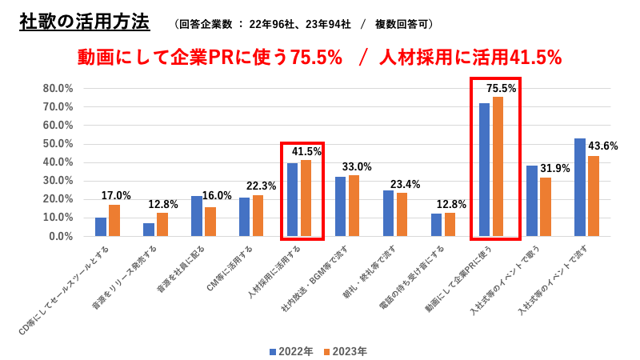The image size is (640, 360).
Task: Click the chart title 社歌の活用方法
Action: pos(84,22)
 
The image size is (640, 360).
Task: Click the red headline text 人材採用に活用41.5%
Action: pos(470,58)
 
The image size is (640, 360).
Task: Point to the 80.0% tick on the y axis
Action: pos(58,88)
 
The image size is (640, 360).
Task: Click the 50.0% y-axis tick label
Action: pos(58,143)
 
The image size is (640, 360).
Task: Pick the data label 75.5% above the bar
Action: pos(502,88)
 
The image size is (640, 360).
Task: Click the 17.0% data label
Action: pos(116,195)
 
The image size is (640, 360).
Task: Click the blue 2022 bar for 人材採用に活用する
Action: pos(293,199)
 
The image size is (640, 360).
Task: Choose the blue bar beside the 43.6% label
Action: pos(580,187)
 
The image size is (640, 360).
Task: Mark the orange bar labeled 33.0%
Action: pos(354,206)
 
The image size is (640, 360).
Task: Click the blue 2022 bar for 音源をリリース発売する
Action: pos(149,230)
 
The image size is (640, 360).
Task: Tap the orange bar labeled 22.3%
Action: pos(258,215)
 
